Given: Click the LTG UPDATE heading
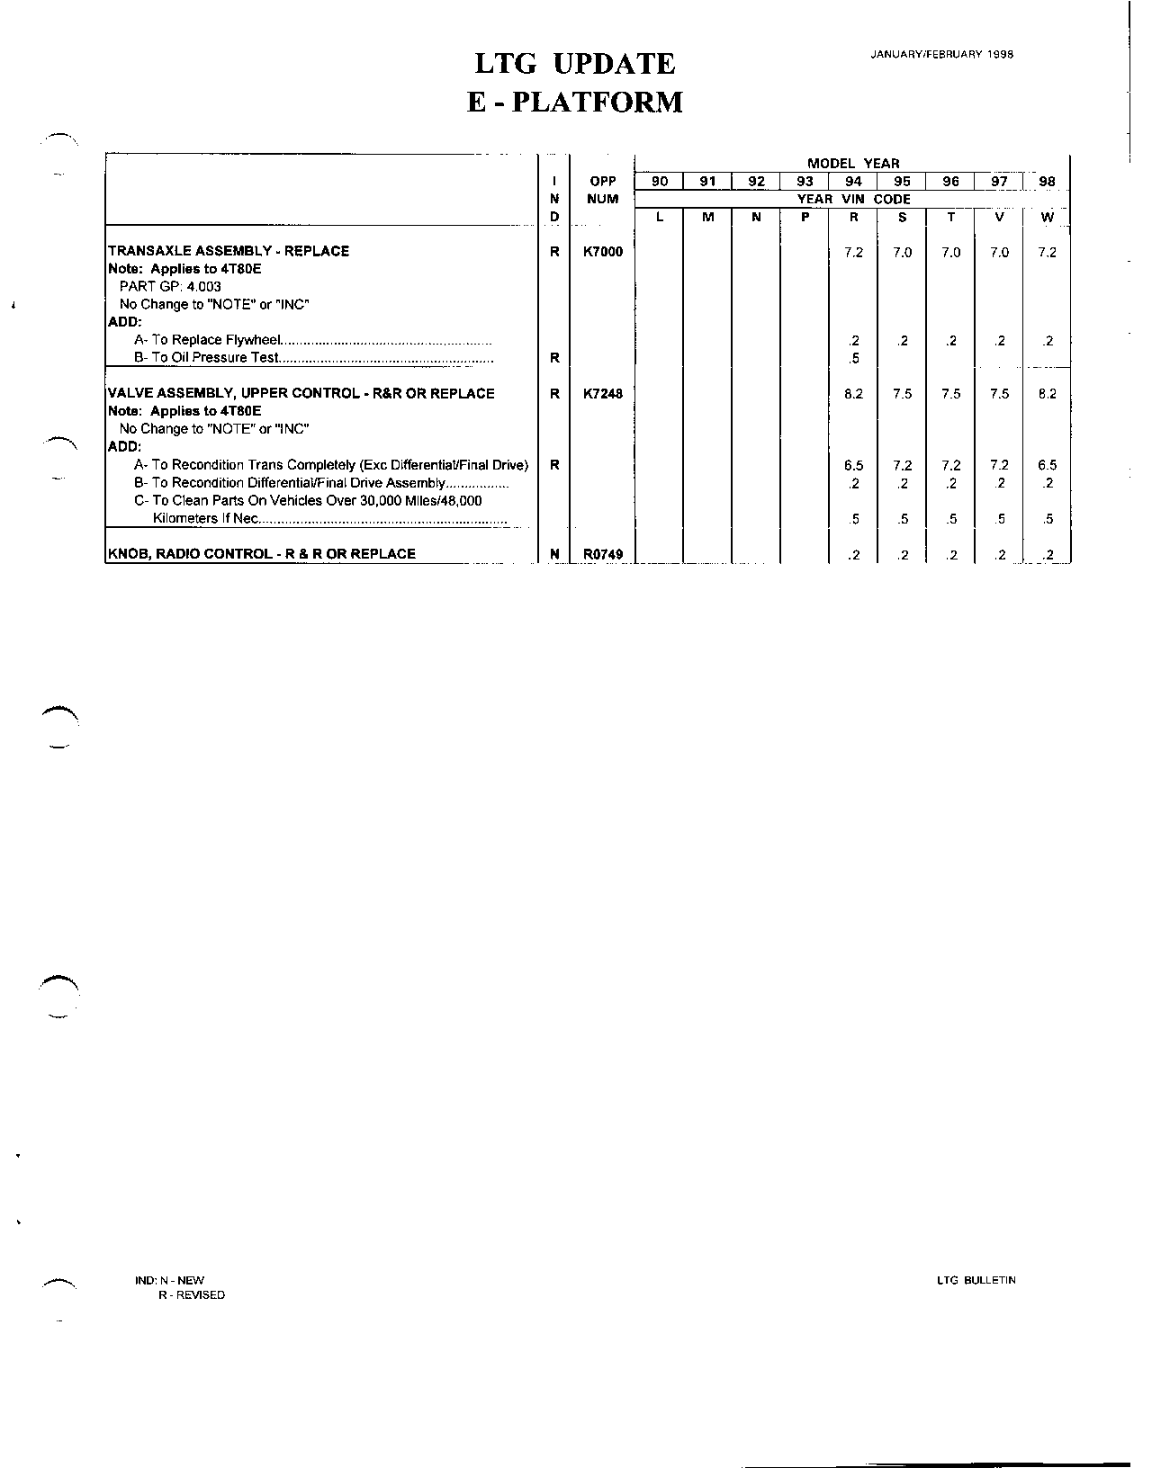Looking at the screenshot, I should point(574,64).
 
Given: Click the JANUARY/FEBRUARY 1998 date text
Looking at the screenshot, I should point(941,54).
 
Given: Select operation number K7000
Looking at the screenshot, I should point(602,252).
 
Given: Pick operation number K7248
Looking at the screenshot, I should point(602,394).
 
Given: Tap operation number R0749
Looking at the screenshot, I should point(602,554).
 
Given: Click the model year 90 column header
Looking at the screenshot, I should point(660,182).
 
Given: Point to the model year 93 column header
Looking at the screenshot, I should point(805,182).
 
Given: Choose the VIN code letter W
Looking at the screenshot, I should point(1047,217).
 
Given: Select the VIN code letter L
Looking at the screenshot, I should point(660,217).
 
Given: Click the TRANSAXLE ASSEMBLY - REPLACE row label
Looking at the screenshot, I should point(229,251).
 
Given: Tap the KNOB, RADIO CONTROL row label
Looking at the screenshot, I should point(261,554).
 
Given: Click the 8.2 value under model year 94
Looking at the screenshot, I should point(853,394).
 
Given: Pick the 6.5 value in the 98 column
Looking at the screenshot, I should point(1047,465).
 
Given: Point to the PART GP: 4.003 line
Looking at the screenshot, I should point(170,287).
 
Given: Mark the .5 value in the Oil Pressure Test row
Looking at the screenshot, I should point(853,358).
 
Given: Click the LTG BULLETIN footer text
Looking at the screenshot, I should point(976,1280).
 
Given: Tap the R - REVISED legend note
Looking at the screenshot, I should point(191,1295).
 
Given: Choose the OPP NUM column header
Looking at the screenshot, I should point(602,190).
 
